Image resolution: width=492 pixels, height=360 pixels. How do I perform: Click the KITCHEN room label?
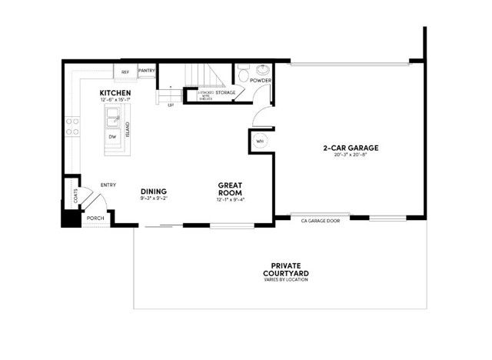click(116, 93)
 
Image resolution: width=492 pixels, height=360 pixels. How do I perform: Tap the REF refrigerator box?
click(125, 72)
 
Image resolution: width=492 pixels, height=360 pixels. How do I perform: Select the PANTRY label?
click(147, 71)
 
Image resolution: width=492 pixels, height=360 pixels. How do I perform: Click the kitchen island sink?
click(113, 118)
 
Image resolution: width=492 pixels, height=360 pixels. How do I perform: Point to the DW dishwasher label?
click(112, 137)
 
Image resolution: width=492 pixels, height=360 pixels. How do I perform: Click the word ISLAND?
click(128, 129)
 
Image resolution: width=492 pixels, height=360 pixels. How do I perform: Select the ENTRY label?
click(108, 185)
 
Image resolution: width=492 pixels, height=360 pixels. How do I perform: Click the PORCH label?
click(95, 218)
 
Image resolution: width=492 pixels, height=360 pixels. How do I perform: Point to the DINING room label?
click(154, 192)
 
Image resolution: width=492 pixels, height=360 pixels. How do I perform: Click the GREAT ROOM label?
click(231, 188)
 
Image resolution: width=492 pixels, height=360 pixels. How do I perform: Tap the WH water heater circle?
click(259, 142)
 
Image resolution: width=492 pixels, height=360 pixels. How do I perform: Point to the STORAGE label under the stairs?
click(225, 92)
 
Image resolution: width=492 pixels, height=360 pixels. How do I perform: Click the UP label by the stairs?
click(170, 105)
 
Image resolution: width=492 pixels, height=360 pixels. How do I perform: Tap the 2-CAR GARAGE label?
click(350, 148)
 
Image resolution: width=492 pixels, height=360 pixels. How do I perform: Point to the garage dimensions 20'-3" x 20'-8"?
click(350, 155)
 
